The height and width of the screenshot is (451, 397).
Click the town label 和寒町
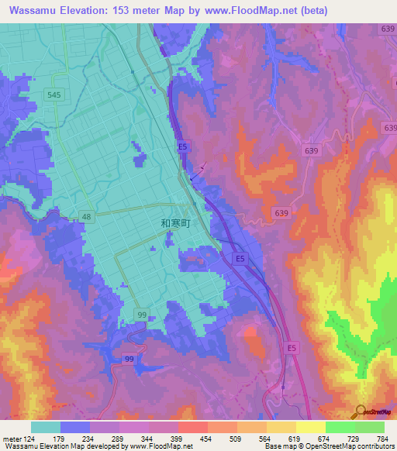pyautogui.click(x=174, y=222)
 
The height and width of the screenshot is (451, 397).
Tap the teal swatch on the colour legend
pyautogui.click(x=46, y=427)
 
